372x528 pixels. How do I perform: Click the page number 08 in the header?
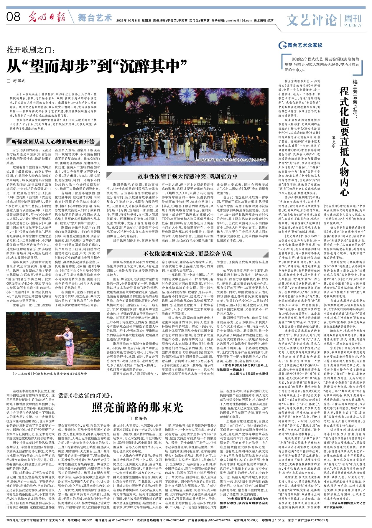pos(13,17)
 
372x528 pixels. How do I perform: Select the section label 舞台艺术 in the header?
pos(95,18)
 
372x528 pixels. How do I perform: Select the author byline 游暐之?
pos(18,80)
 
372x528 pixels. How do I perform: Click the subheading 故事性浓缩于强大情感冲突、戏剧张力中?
pos(187,176)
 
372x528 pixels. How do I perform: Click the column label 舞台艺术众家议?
pos(304,45)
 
